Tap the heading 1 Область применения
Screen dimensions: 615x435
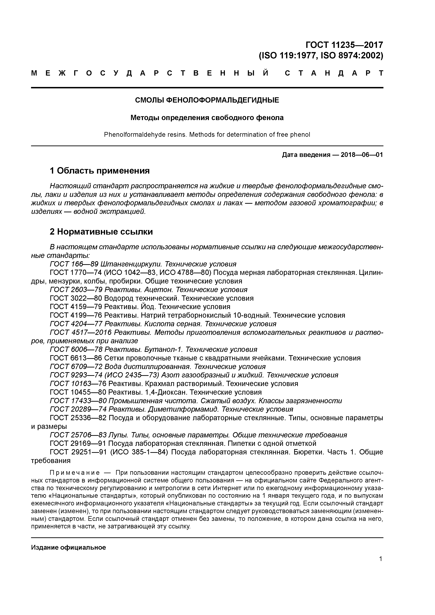pos(99,171)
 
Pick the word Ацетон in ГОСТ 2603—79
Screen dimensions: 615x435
pos(159,290)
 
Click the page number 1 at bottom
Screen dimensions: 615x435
pos(381,559)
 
